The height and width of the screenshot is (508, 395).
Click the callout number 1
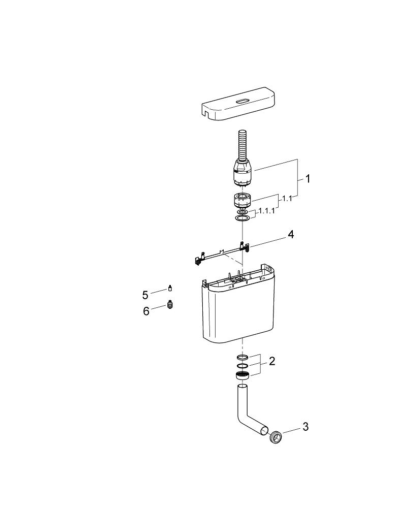click(x=307, y=179)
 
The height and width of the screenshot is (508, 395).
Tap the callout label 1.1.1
click(x=266, y=210)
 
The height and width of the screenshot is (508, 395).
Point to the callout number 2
click(x=272, y=361)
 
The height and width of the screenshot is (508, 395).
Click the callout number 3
click(x=305, y=427)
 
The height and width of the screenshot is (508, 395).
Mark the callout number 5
click(x=145, y=295)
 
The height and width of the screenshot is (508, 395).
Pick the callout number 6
click(x=146, y=311)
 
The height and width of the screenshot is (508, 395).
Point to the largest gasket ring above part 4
click(x=243, y=218)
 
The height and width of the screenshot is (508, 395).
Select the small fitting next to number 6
click(x=171, y=305)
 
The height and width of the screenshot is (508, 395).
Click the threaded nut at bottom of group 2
click(x=243, y=376)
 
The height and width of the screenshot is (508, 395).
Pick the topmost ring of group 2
click(x=243, y=358)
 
